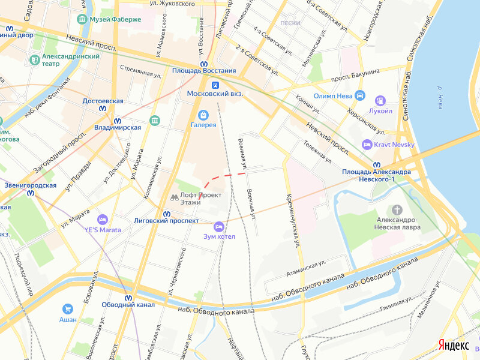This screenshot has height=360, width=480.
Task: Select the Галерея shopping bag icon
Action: tap(203, 115)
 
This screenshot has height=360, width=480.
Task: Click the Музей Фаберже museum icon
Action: tap(82, 19)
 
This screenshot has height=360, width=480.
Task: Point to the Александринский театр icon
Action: tap(34, 60)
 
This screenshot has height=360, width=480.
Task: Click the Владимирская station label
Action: tap(118, 127)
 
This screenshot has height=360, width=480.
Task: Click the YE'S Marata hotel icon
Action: tap(103, 220)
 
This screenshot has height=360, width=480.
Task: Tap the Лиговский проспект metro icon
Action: tap(167, 212)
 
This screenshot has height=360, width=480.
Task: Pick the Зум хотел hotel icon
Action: tap(218, 226)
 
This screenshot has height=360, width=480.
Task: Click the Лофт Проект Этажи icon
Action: tap(175, 197)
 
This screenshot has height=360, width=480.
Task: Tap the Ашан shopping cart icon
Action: tap(68, 309)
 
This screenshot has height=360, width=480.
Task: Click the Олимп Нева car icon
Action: tap(359, 95)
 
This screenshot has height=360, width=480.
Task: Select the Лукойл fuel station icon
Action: tap(380, 101)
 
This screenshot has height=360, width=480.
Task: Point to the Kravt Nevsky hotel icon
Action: tap(367, 144)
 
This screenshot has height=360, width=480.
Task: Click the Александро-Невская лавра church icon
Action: tap(396, 209)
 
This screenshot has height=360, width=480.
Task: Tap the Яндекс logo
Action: tap(453, 345)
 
